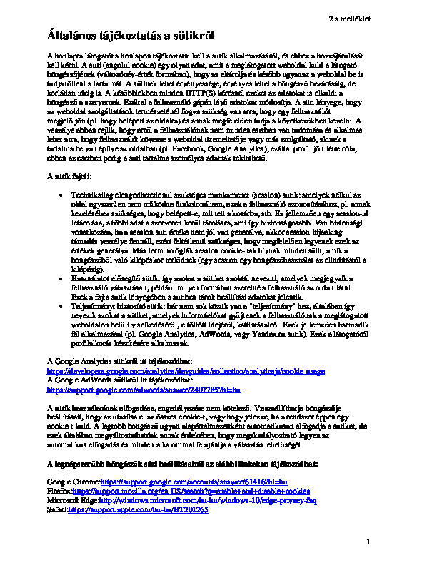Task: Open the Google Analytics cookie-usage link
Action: coord(186,371)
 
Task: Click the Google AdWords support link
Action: coord(149,390)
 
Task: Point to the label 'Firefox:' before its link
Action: coord(59,492)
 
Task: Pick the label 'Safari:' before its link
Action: coord(56,511)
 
